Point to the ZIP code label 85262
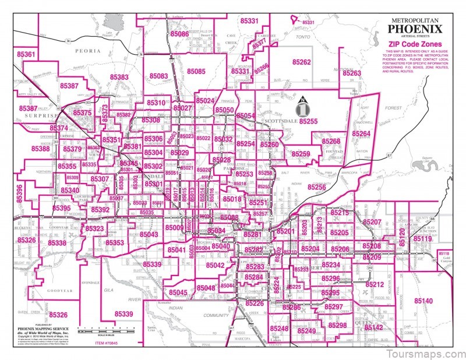(x=301, y=62)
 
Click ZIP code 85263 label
(x=352, y=74)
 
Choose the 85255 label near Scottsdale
(x=308, y=121)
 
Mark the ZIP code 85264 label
(x=361, y=134)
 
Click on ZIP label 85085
(x=196, y=72)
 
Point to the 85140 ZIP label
(x=423, y=301)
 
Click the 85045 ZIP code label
(x=178, y=292)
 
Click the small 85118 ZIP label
(x=444, y=253)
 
